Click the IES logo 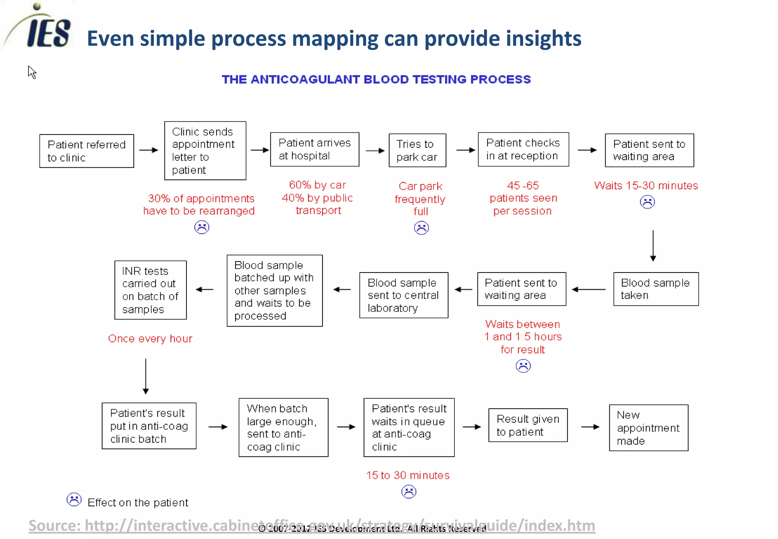pyautogui.click(x=42, y=29)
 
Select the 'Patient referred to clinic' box pyautogui.click(x=87, y=151)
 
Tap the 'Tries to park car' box pyautogui.click(x=417, y=151)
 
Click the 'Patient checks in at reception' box pyautogui.click(x=523, y=149)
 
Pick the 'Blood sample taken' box pyautogui.click(x=656, y=289)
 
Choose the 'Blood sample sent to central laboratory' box pyautogui.click(x=403, y=295)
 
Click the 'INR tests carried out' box pyautogui.click(x=150, y=290)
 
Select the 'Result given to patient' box pyautogui.click(x=528, y=425)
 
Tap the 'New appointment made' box pyautogui.click(x=648, y=428)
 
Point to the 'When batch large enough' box pyautogui.click(x=283, y=428)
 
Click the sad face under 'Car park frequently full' pyautogui.click(x=421, y=228)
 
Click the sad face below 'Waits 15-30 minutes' pyautogui.click(x=647, y=202)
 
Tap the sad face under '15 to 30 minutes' pyautogui.click(x=409, y=492)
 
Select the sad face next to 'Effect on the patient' pyautogui.click(x=74, y=499)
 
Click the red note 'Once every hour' pyautogui.click(x=150, y=339)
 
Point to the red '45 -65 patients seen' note pyautogui.click(x=523, y=198)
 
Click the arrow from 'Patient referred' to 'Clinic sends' pyautogui.click(x=149, y=150)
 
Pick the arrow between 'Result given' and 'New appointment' pyautogui.click(x=590, y=427)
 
